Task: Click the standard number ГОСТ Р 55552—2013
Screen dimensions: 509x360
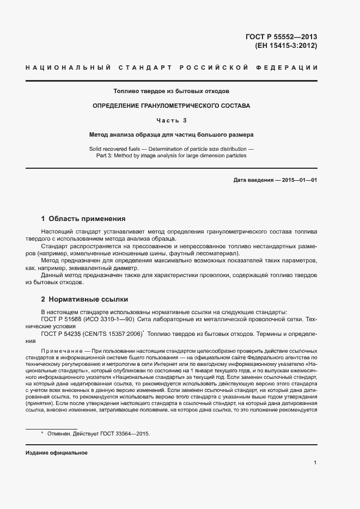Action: click(281, 37)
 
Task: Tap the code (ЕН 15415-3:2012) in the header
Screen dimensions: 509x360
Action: click(286, 46)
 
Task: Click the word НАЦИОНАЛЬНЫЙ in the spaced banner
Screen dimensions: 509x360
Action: click(68, 67)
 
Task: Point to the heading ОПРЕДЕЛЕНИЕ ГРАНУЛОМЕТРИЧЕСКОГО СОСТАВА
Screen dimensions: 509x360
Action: click(171, 106)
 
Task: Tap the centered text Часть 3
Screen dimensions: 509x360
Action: click(171, 120)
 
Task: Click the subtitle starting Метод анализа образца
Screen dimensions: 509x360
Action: click(171, 134)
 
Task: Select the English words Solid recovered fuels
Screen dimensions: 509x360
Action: click(113, 148)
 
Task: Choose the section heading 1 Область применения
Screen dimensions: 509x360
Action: click(83, 219)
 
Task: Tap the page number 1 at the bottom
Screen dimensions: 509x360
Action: click(315, 463)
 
